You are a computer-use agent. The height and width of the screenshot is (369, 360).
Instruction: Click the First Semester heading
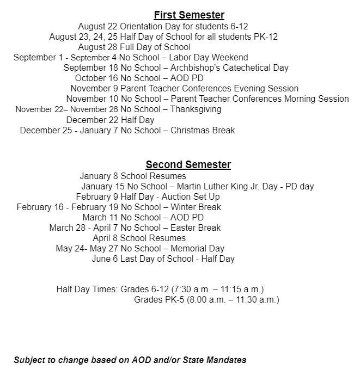[x=189, y=15]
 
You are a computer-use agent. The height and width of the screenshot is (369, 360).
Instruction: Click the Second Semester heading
[x=188, y=164]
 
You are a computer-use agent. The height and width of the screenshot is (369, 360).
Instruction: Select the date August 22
[x=97, y=26]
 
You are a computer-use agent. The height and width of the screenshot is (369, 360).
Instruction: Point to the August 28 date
[x=97, y=47]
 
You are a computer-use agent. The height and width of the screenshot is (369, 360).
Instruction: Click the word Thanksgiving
[x=196, y=109]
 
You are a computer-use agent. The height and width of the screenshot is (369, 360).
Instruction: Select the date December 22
[x=92, y=120]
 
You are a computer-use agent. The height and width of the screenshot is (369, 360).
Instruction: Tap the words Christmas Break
[x=203, y=130]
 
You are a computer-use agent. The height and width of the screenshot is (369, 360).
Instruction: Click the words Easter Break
[x=196, y=228]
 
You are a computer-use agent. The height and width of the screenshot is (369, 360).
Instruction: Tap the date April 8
[x=105, y=238]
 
